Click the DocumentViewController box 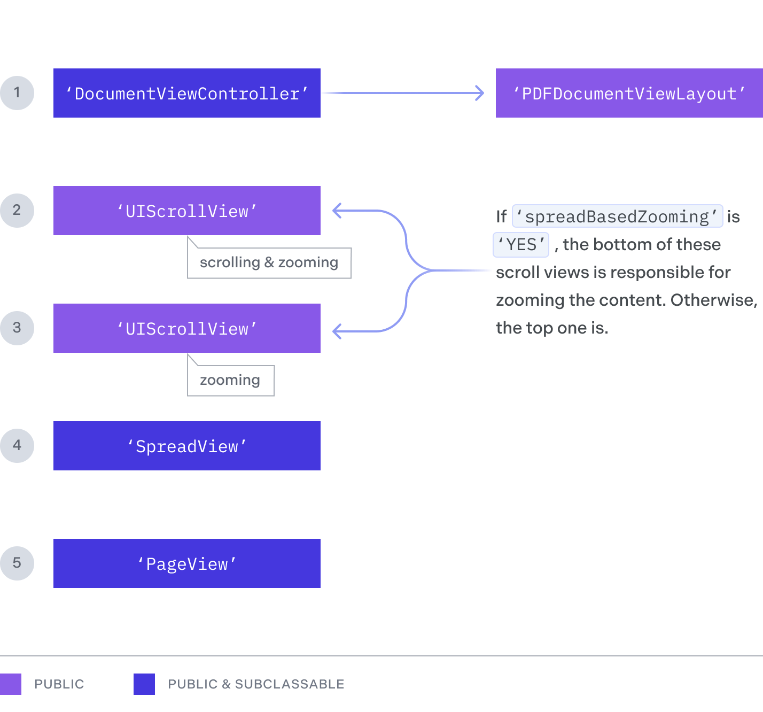coord(187,93)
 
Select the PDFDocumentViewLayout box coord(629,93)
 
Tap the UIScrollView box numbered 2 coord(187,211)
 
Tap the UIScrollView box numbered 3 coord(187,328)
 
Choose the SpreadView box coord(187,446)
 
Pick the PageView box coord(187,563)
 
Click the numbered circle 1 coord(17,93)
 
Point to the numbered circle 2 coord(17,211)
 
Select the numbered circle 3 coord(17,328)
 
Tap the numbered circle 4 coord(17,446)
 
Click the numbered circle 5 coord(17,563)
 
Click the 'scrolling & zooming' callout coord(269,263)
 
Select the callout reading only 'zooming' coord(230,381)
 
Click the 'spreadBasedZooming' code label coord(617,216)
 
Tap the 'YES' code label coord(521,245)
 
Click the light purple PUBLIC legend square coord(10,684)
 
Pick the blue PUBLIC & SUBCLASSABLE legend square coord(144,684)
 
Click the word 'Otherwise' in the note coord(713,300)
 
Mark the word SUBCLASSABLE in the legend coord(290,684)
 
